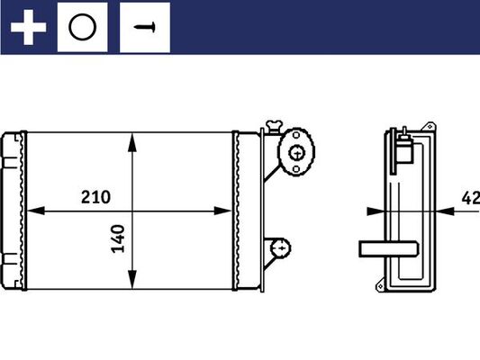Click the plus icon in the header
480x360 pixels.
[x=28, y=27]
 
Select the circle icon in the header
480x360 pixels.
[x=82, y=27]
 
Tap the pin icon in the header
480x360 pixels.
[x=144, y=27]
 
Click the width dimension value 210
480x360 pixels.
[x=95, y=197]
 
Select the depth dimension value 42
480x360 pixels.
[x=469, y=197]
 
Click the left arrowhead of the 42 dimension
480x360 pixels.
[x=375, y=211]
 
